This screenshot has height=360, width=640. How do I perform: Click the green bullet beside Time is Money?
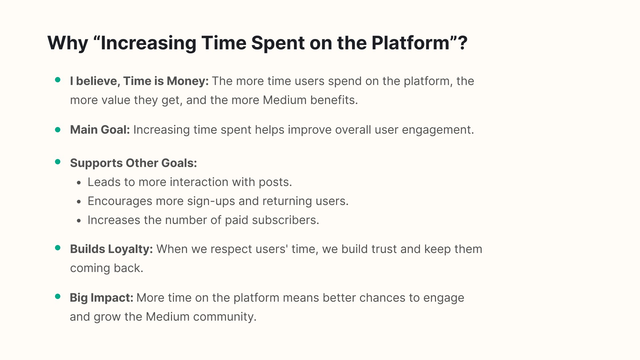[x=58, y=80]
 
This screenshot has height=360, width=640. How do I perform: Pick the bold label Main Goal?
[x=100, y=130]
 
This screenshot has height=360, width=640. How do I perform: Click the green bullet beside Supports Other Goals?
[x=58, y=162]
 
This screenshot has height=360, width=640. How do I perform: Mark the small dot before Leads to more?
[x=79, y=183]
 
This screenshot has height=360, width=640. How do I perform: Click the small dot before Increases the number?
[x=79, y=221]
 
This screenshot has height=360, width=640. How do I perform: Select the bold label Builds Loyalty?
[x=111, y=249]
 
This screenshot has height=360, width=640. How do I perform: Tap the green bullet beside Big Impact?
[x=58, y=296]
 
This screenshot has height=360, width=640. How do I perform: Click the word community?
[x=225, y=317]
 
